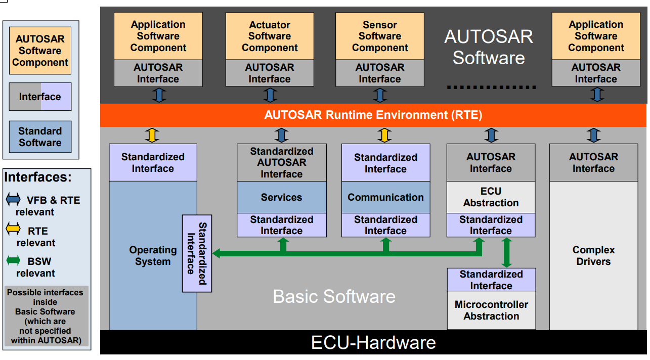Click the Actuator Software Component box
coord(270,36)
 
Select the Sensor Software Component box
coord(380,36)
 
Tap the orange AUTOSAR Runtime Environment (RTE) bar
coord(373,115)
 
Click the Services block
coord(281,197)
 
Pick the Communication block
coord(385,197)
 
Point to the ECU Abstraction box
coord(491,197)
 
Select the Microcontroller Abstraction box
coord(491,310)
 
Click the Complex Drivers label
coord(593,256)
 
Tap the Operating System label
coord(153,256)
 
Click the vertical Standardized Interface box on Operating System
coord(197,253)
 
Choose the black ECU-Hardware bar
coord(373,342)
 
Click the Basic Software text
coord(334,296)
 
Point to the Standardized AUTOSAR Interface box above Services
coord(281,163)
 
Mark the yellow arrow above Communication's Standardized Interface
coord(385,135)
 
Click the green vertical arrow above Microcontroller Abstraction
coord(506,252)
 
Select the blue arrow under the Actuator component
coord(270,95)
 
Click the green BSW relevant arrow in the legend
coord(13,261)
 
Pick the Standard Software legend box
coord(40,137)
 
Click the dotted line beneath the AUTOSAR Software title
coord(491,87)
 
